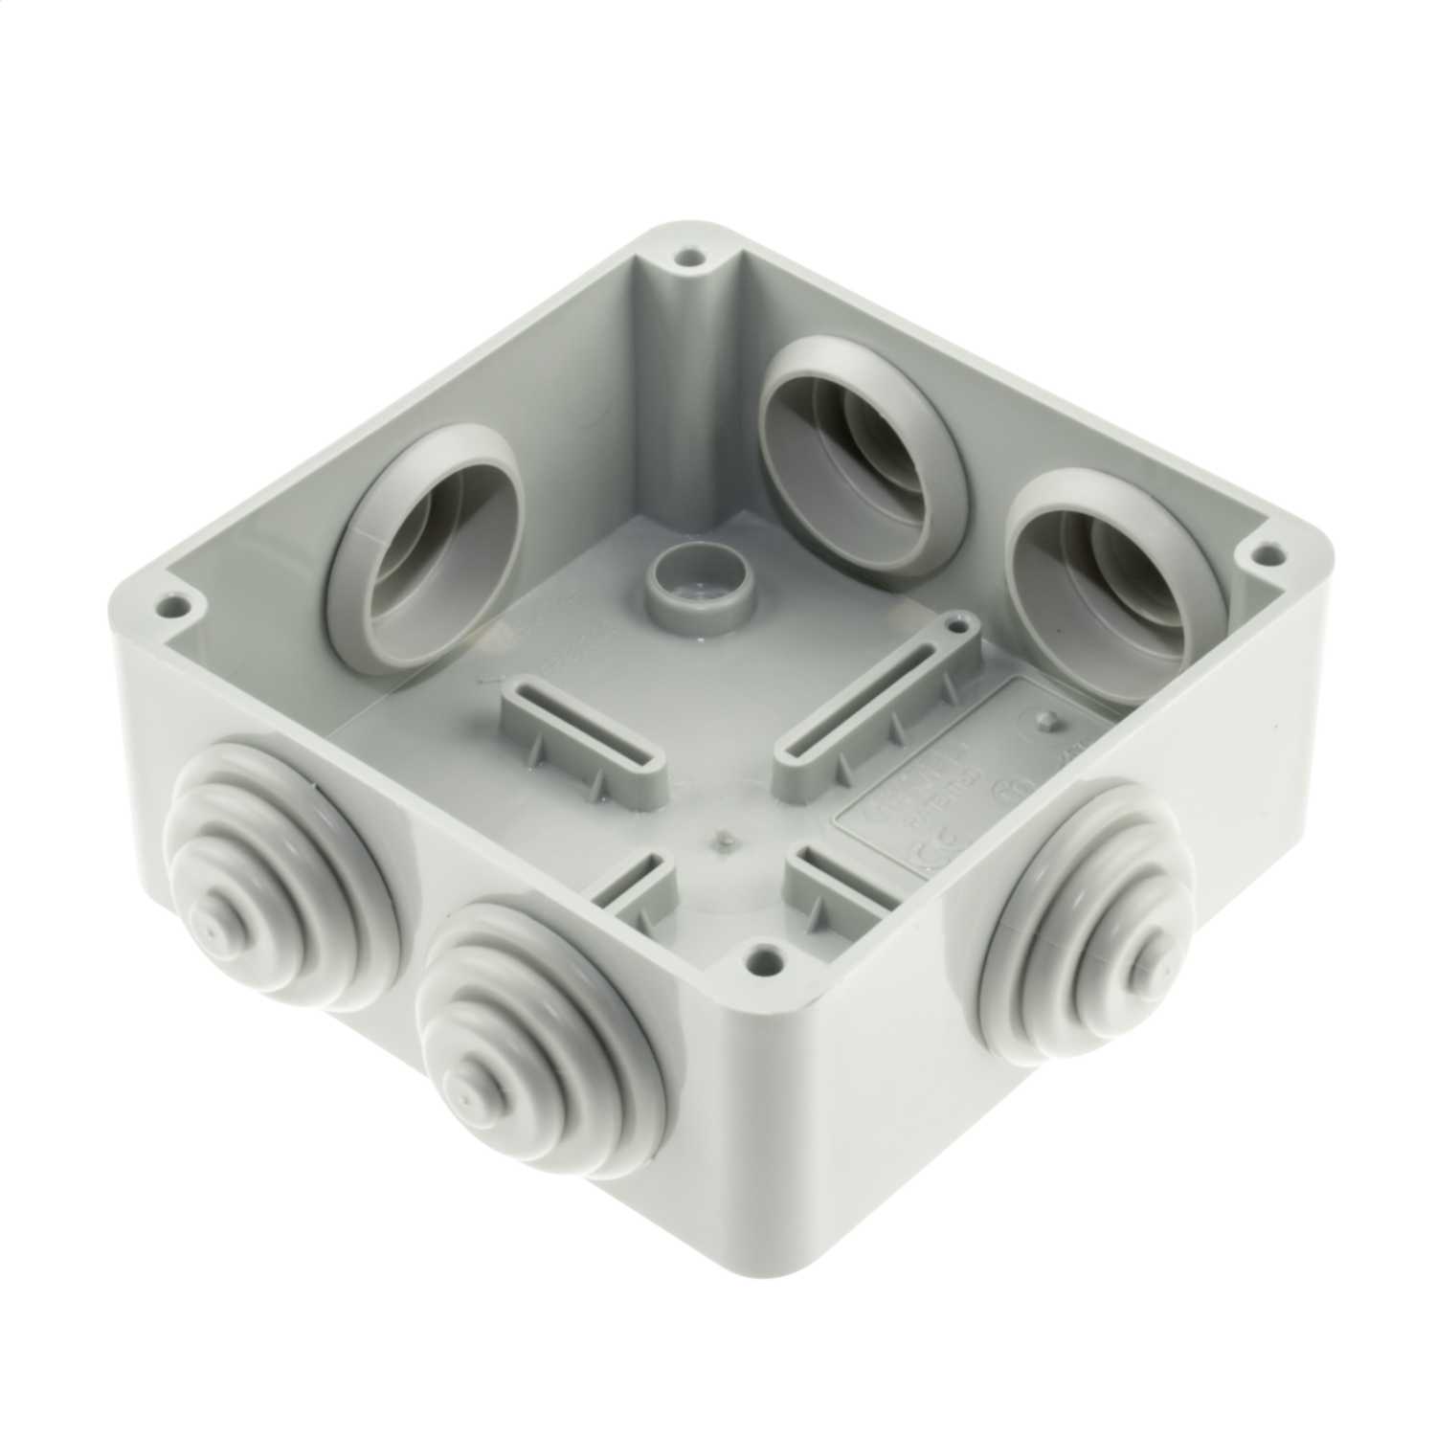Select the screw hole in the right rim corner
pyautogui.click(x=1270, y=552)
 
